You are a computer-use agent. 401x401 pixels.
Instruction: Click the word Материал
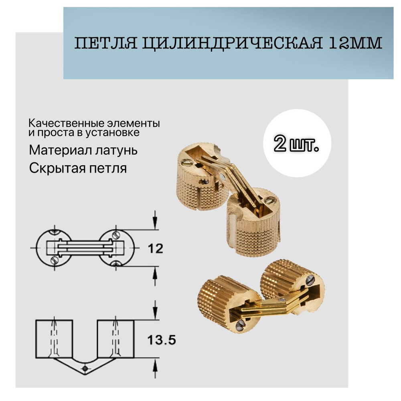[57, 150]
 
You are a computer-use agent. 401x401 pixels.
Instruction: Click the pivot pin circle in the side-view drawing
[84, 368]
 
